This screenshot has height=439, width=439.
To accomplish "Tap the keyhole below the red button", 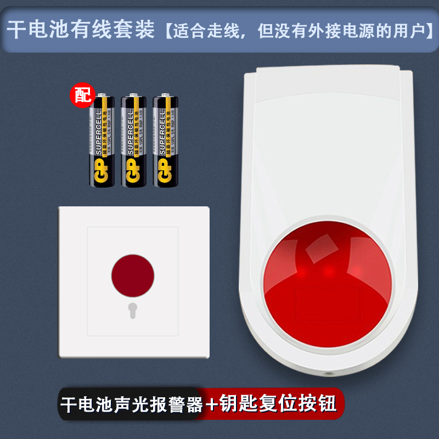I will [x=132, y=310].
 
